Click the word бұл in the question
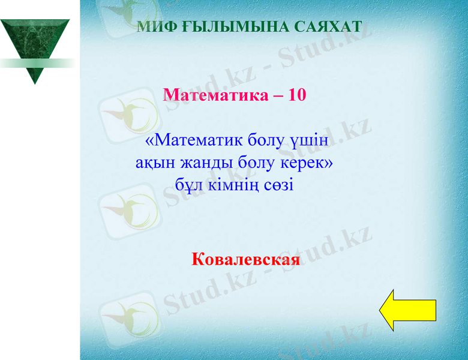click(188, 184)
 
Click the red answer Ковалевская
click(246, 260)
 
